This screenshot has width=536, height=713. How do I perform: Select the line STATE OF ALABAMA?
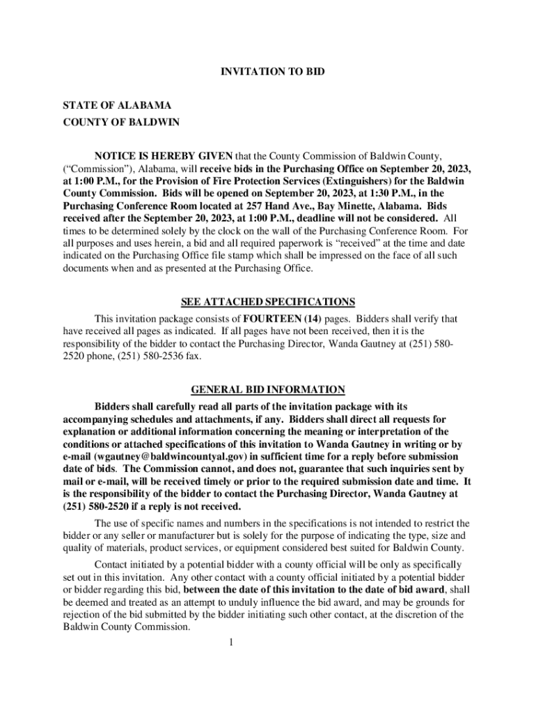click(117, 105)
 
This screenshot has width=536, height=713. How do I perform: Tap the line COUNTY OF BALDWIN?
click(120, 123)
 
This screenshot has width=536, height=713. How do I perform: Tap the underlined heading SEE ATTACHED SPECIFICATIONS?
click(268, 301)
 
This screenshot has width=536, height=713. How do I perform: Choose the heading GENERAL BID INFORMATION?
click(268, 389)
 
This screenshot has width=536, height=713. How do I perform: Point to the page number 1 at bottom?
click(230, 641)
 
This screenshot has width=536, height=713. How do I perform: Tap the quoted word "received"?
click(356, 243)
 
